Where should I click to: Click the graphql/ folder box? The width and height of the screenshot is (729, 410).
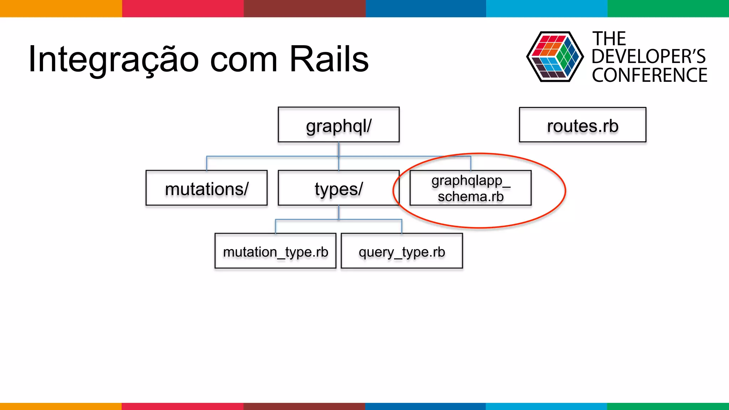(339, 125)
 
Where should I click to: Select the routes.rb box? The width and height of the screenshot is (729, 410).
(582, 125)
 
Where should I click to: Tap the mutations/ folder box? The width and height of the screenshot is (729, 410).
(206, 188)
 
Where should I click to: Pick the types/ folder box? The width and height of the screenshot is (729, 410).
(339, 188)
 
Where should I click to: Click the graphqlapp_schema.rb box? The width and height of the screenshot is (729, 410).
(470, 188)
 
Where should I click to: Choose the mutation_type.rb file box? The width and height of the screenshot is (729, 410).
(275, 251)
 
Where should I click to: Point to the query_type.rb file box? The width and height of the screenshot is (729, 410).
(402, 251)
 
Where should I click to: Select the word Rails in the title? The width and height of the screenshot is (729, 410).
(329, 59)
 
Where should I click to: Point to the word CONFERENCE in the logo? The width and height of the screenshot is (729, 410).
(649, 75)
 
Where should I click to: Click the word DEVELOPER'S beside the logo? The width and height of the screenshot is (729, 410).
(649, 57)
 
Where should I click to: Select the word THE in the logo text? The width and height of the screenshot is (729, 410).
(609, 38)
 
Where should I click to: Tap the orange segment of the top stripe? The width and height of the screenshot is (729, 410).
(61, 8)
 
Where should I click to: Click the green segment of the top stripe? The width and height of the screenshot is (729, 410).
(668, 8)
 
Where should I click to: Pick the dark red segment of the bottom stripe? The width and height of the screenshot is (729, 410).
(304, 406)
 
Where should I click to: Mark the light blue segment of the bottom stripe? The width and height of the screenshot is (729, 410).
(546, 406)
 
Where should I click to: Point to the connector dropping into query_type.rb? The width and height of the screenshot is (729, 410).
(402, 227)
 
